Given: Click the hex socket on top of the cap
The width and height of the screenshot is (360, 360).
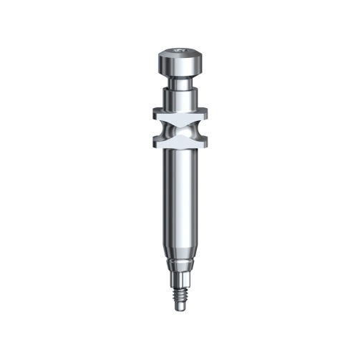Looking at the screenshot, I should (178, 51).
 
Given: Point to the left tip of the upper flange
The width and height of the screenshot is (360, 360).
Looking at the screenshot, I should (154, 112).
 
